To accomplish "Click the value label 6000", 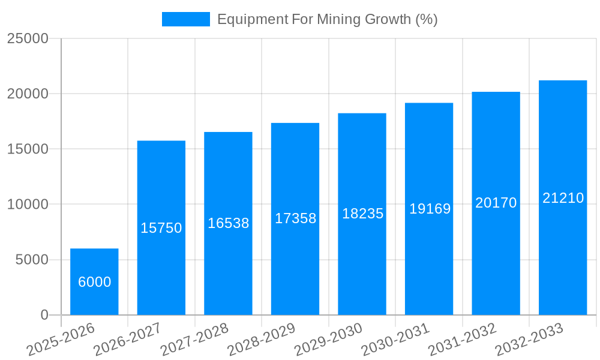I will coord(95,282).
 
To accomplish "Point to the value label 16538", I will coord(229,223).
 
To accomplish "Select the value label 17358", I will coord(295,218).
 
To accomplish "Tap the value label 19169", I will coord(430,209).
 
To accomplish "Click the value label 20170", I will coord(496,203).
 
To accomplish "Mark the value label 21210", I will coord(563,198).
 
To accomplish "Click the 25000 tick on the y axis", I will coord(28,38).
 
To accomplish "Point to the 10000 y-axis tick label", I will coord(28,205).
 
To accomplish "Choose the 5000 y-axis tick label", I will coord(32,260).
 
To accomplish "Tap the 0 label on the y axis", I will coord(44,315).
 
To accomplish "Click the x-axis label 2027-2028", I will coord(195,340).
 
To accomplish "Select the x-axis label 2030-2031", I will coord(396,340).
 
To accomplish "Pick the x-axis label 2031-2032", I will coord(463,340).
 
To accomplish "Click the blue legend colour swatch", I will coord(186,19).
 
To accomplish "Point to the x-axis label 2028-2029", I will coord(262,340).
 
